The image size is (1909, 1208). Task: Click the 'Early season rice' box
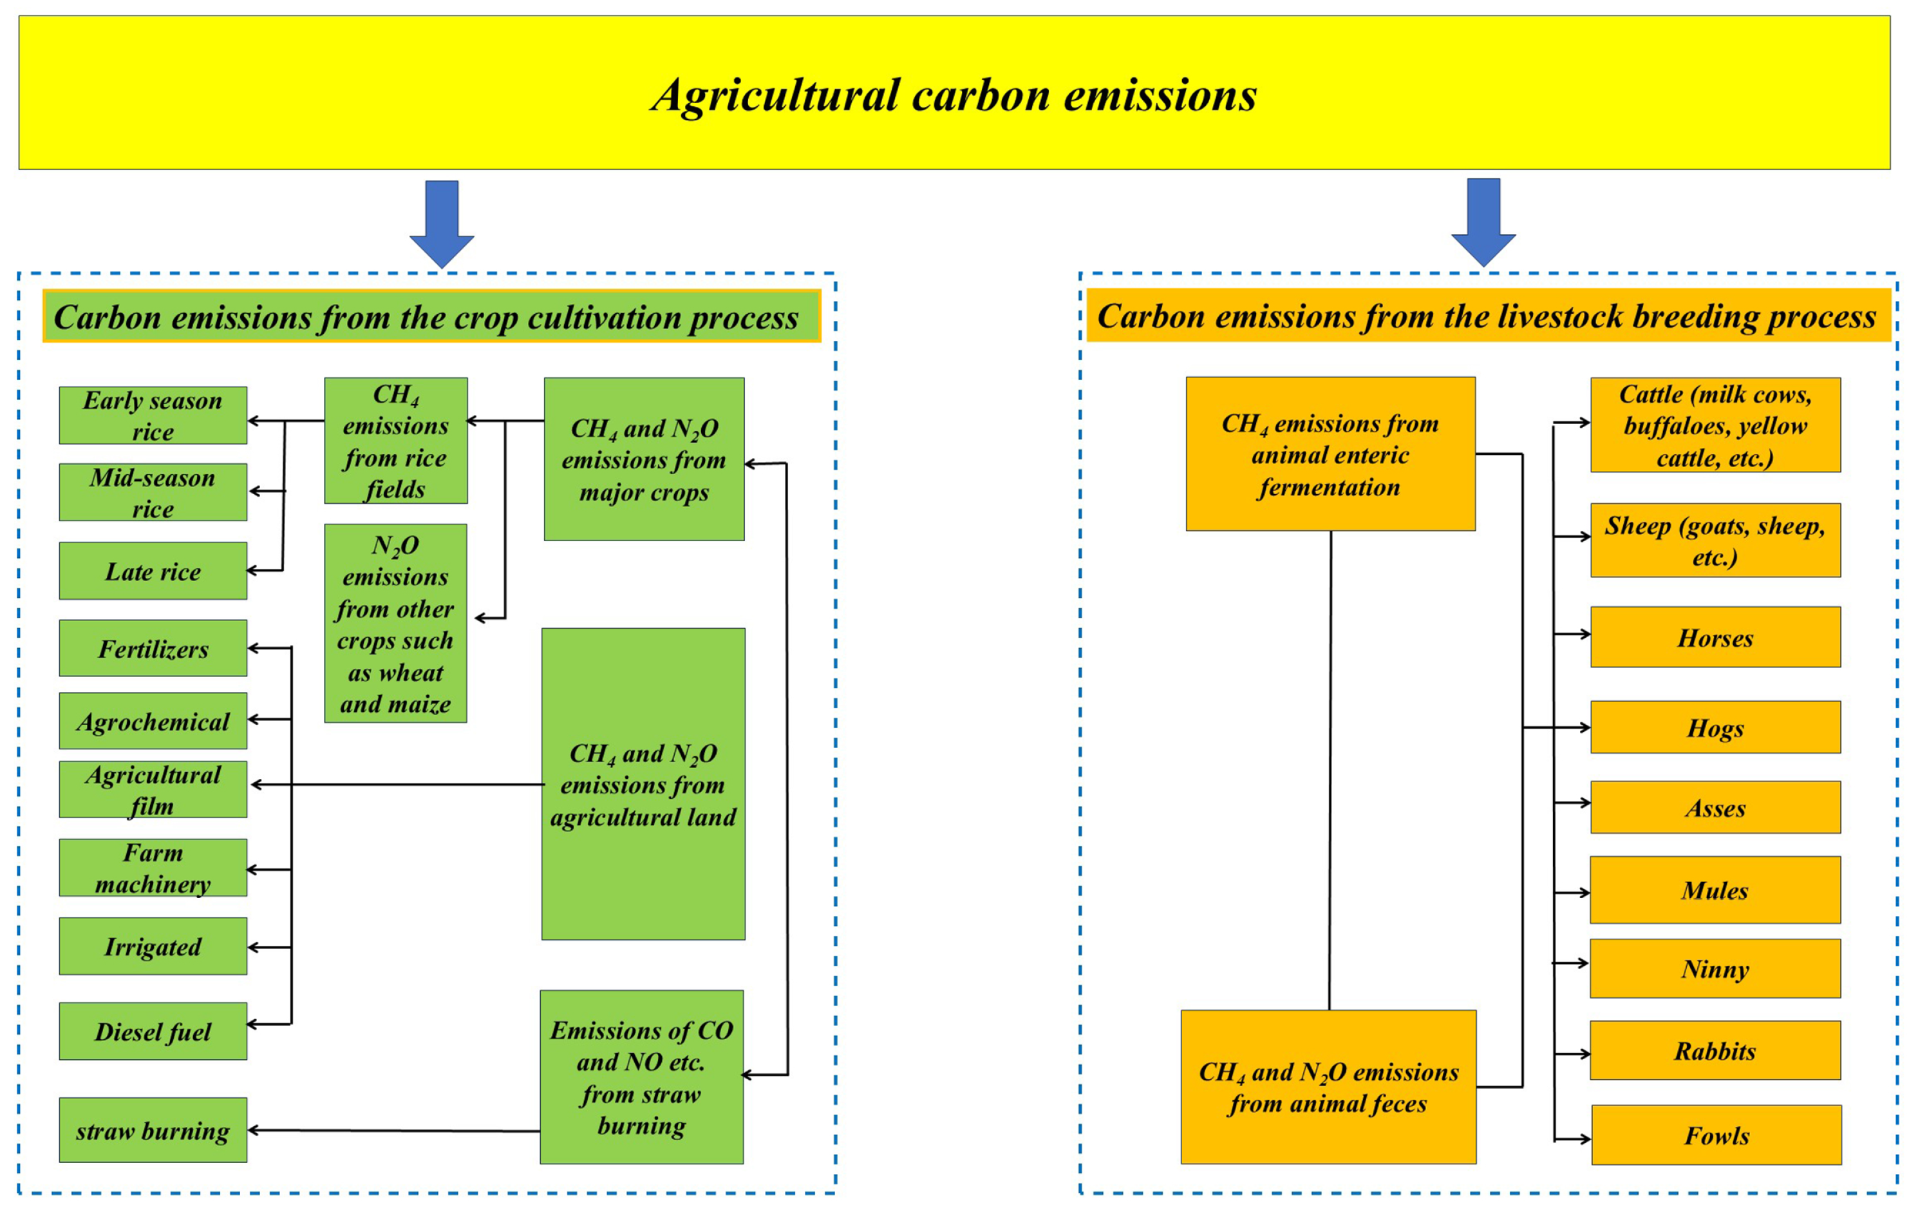153,416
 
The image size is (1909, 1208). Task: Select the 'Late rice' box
153,571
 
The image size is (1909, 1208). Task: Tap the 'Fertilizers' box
153,648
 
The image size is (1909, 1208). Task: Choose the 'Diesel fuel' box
153,1031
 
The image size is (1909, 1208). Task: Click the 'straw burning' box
153,1130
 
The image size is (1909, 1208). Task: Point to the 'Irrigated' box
153,946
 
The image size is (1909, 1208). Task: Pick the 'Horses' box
1715,637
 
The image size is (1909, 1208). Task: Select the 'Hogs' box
1715,727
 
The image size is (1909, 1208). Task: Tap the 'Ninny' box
1715,968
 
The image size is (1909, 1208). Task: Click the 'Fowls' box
1716,1135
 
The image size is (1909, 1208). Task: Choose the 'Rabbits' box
1715,1050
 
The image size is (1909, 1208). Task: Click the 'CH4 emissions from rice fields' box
395,441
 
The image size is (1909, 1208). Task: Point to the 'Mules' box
1715,890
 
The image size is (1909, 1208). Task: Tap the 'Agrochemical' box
153,721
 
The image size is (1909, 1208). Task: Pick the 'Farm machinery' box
153,868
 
